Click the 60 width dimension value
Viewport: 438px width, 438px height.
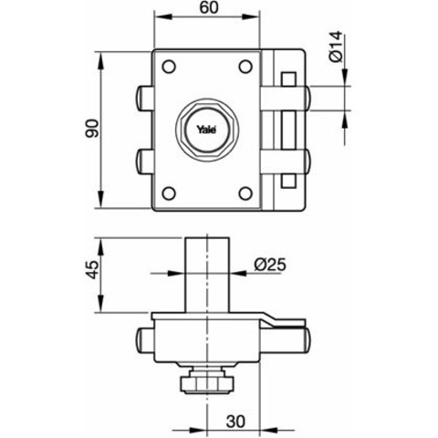tap(210, 7)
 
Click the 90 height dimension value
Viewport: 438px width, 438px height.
tap(92, 129)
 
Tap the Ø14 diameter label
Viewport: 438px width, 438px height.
tap(336, 47)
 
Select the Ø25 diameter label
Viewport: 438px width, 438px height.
tap(270, 265)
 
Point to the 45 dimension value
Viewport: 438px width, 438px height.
tap(92, 269)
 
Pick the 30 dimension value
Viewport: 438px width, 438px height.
tap(235, 422)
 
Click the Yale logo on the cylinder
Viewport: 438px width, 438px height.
tap(206, 130)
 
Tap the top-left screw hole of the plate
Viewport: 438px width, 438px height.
tap(169, 67)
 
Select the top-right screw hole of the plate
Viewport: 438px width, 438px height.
tap(245, 67)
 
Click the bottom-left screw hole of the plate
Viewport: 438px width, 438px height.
tap(169, 193)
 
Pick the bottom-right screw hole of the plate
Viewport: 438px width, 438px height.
tap(245, 193)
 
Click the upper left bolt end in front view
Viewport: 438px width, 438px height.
tap(144, 99)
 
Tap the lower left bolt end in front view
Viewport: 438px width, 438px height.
tap(144, 162)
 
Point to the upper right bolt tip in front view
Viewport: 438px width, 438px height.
tap(307, 99)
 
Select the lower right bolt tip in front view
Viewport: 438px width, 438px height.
tap(307, 162)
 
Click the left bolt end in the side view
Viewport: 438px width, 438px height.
tap(144, 340)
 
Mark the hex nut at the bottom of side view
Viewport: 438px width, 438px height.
tap(207, 383)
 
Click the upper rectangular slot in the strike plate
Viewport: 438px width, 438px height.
tap(288, 79)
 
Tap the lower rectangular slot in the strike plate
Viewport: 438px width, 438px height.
tap(288, 181)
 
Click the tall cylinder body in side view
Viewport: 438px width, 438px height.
tap(207, 275)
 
